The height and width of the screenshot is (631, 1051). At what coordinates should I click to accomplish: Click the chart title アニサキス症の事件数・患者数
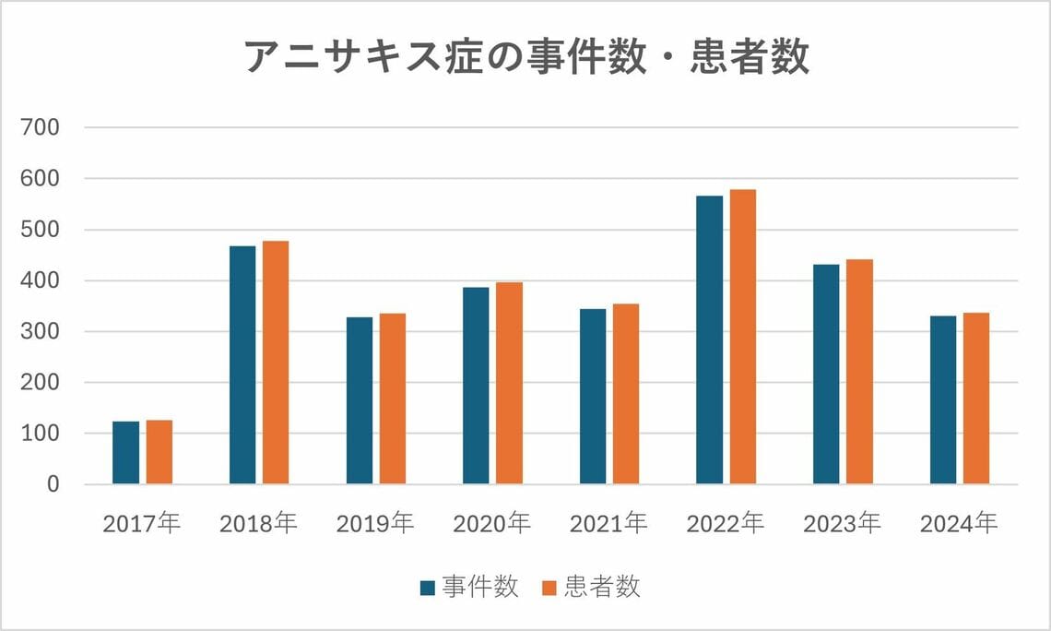click(526, 57)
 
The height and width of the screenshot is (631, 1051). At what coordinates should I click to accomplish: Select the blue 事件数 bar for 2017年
click(126, 453)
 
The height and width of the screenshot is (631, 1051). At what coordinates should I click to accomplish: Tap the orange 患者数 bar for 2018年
click(276, 363)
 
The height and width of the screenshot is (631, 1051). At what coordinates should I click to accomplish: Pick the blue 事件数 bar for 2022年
click(710, 340)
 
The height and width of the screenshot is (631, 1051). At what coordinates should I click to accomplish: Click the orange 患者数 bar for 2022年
click(743, 337)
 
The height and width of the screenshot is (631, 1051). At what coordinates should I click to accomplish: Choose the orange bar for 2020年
click(509, 383)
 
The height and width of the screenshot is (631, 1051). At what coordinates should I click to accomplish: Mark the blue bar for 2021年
click(593, 397)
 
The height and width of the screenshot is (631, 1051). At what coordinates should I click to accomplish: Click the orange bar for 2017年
click(159, 452)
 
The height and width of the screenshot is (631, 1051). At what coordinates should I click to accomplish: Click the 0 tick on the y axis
click(53, 484)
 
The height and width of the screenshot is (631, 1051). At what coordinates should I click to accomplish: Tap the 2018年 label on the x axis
click(259, 524)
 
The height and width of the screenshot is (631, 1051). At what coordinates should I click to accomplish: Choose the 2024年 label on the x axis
click(960, 524)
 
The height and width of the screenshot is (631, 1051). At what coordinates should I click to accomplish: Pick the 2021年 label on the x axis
click(609, 524)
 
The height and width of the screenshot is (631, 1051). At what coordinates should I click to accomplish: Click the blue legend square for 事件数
click(428, 588)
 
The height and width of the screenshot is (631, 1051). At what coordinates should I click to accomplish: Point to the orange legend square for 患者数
click(549, 588)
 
